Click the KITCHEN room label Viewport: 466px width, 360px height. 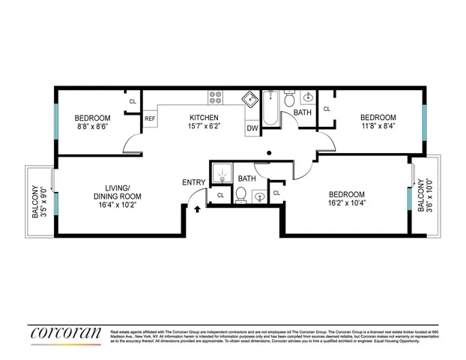tap(203, 118)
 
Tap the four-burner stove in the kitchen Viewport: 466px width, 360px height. tap(215, 97)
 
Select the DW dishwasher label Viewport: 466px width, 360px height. tap(252, 129)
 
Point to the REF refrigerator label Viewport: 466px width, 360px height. tap(150, 118)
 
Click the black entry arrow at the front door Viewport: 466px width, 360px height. tap(196, 210)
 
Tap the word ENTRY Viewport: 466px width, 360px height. tap(195, 182)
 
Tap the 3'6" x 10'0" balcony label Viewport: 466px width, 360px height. tap(424, 196)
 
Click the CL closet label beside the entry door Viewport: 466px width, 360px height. tap(220, 195)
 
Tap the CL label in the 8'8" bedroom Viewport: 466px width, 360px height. tap(133, 101)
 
